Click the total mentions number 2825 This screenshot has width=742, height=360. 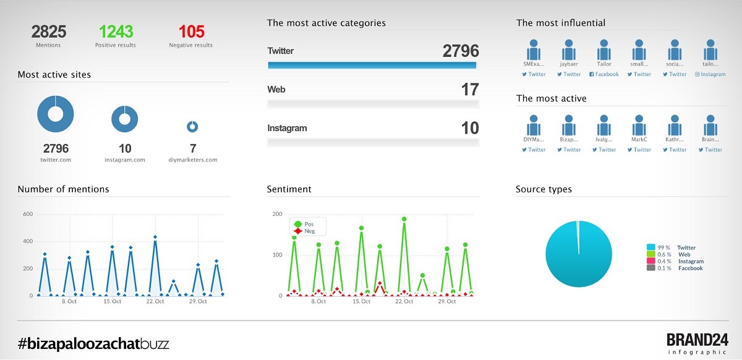coord(49,32)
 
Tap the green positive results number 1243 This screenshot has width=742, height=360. coord(116,32)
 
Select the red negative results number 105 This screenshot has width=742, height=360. coord(191,32)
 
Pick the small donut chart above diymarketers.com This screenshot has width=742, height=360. coord(192,126)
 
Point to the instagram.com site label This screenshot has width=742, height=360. coord(125,160)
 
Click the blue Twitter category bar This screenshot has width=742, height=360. coord(372,65)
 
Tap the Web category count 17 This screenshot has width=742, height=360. coord(470,90)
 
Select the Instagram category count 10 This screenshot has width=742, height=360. coord(470,128)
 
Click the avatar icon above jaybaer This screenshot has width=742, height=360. coord(569,50)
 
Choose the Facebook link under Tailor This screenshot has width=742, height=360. coord(604,74)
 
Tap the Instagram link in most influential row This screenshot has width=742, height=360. coord(710,74)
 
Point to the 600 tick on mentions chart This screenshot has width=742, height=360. coord(28,215)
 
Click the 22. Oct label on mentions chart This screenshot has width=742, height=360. coord(155,301)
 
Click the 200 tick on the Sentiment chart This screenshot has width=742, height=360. coord(277,215)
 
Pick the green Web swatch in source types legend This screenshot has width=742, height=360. coord(650,254)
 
